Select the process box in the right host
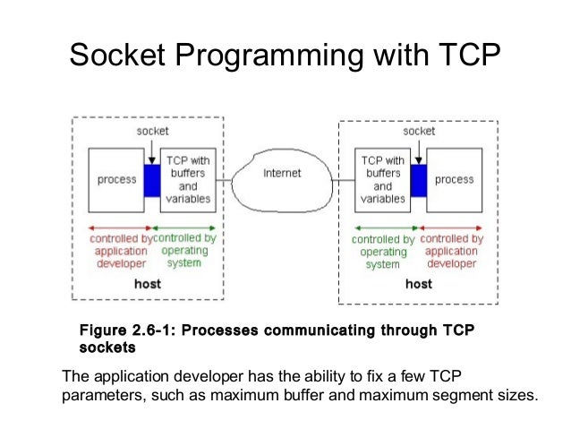tap(454, 179)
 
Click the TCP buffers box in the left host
tap(187, 179)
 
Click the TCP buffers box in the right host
tap(382, 179)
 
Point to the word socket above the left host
tap(152, 131)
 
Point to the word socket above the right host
tap(419, 131)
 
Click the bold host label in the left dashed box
tap(148, 283)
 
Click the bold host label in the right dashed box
tap(419, 284)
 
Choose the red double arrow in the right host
tap(452, 227)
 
